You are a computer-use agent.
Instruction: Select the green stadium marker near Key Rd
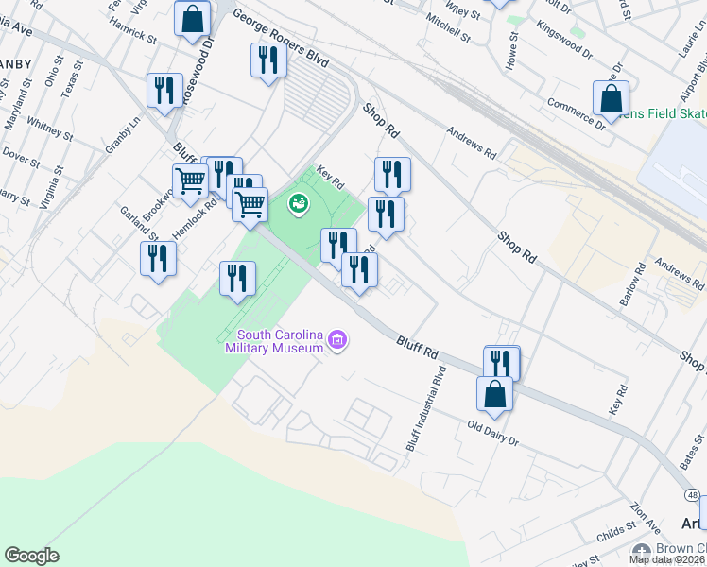click(x=299, y=202)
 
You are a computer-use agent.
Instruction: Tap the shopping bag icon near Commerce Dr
click(x=611, y=98)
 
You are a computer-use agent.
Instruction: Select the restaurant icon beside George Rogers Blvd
click(x=268, y=61)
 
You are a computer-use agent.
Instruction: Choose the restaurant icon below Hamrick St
click(x=164, y=92)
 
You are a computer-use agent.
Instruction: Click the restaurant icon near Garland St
click(x=158, y=259)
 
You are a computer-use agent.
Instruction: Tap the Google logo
click(x=31, y=556)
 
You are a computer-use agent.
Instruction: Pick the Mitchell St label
click(x=447, y=29)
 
